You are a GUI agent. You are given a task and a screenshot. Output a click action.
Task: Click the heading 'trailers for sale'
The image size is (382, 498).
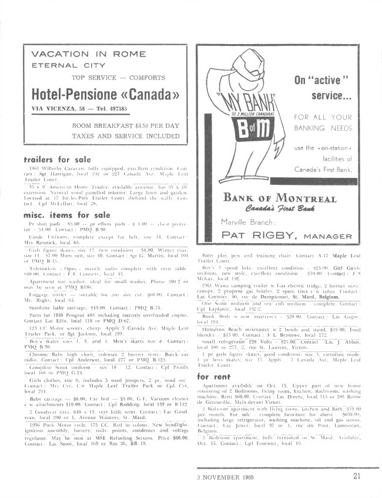click(x=57, y=160)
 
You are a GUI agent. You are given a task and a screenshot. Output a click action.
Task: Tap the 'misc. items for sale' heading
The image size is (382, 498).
click(x=66, y=215)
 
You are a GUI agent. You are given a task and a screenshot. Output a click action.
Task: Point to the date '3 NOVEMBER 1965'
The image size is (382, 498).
click(x=226, y=476)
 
